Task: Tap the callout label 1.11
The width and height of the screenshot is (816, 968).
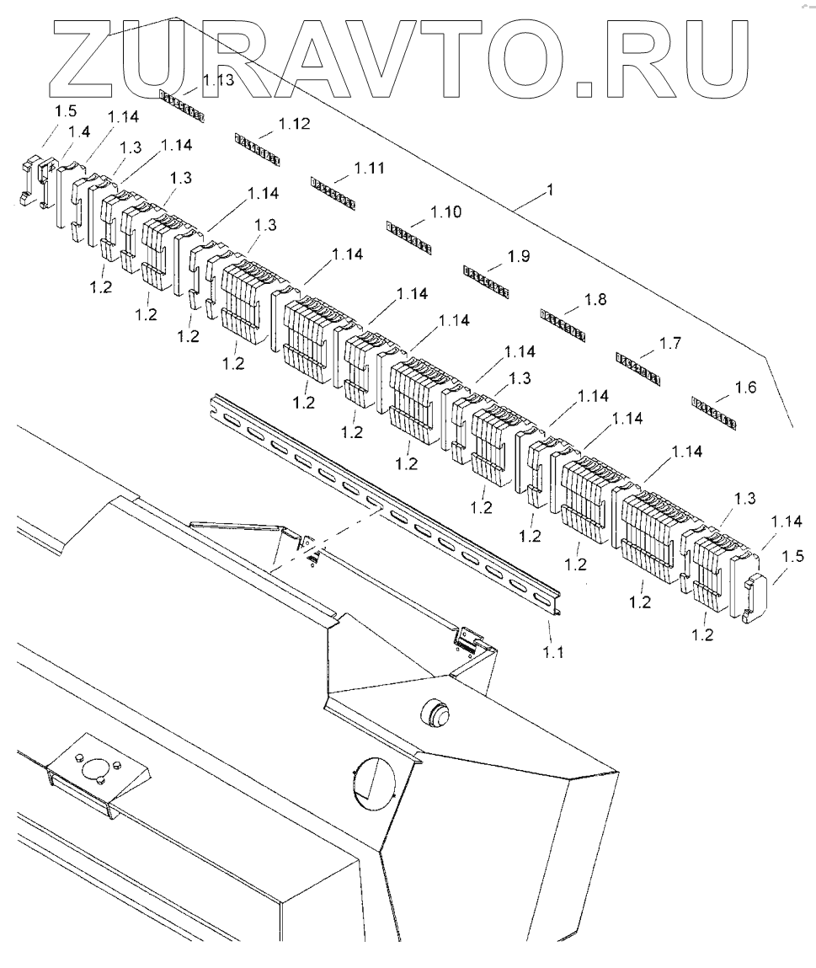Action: [x=370, y=168]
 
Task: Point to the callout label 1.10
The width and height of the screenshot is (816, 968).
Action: [x=445, y=212]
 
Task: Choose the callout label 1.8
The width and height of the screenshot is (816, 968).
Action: [x=595, y=299]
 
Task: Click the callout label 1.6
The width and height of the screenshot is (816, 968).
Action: [x=745, y=388]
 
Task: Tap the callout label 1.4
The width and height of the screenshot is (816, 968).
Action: [x=79, y=131]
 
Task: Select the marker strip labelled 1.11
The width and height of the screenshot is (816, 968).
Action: [x=333, y=193]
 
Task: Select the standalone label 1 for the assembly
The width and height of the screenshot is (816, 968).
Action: [x=550, y=191]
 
